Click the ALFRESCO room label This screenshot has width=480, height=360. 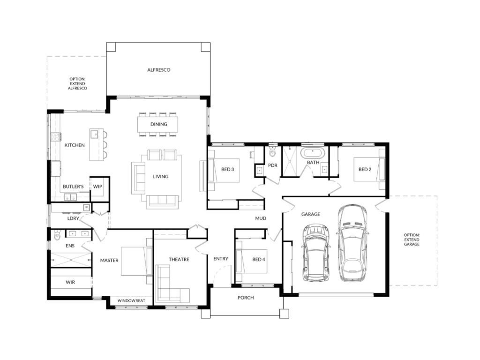click(x=158, y=70)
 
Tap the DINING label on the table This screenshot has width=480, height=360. click(x=158, y=124)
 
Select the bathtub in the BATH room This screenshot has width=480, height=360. click(x=313, y=152)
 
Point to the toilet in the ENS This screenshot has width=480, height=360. click(x=57, y=235)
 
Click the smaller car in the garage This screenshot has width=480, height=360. click(x=316, y=253)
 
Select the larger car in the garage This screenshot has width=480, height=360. click(x=352, y=243)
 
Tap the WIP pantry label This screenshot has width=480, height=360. click(x=97, y=187)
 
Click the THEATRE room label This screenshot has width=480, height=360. click(x=179, y=259)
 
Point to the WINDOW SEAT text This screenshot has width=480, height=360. click(x=131, y=300)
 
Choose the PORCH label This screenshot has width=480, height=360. click(x=246, y=298)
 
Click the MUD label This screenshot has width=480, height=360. click(x=261, y=218)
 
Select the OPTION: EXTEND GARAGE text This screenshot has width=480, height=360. click(x=412, y=240)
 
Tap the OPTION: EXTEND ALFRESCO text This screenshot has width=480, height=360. click(x=77, y=83)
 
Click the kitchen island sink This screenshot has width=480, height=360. click(x=94, y=134)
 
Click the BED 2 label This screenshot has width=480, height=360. click(x=365, y=169)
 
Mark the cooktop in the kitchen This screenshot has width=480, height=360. click(x=55, y=137)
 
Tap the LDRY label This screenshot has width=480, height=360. click(x=73, y=218)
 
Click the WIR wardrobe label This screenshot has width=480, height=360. click(x=70, y=282)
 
